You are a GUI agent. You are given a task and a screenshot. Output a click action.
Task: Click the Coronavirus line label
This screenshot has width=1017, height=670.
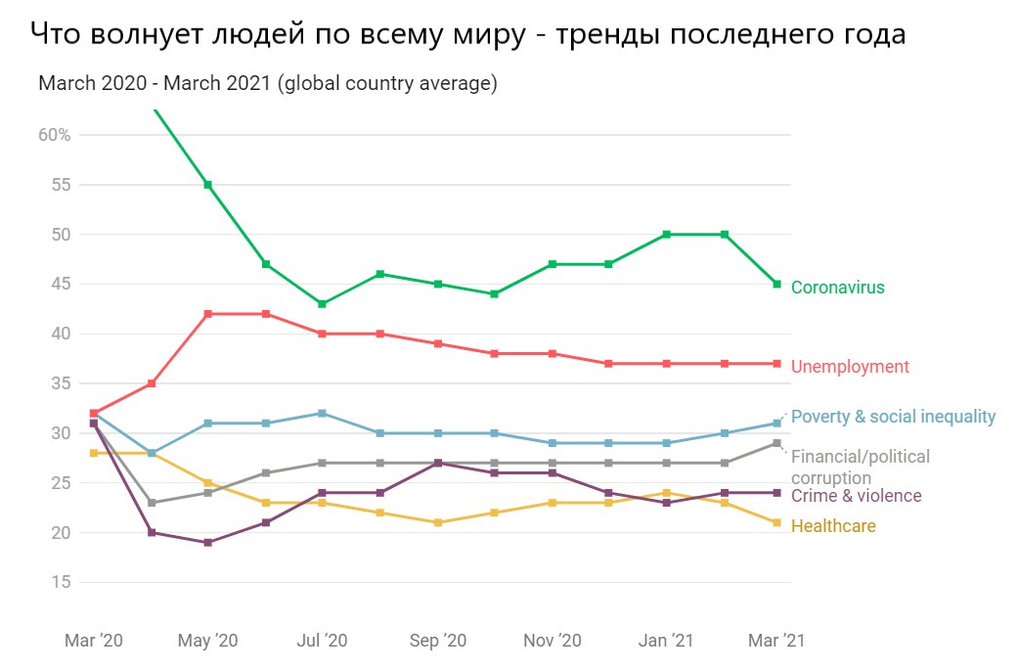837,288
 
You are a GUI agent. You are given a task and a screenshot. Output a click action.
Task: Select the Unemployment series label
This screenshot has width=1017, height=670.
850,367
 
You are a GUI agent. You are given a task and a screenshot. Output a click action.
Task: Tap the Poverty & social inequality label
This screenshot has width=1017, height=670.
893,417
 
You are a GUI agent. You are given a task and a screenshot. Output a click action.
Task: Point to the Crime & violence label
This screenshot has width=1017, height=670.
856,496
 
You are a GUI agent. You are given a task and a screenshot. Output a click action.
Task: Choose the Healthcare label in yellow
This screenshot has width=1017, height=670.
833,526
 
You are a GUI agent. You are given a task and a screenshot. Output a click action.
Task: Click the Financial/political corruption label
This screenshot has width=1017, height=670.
860,467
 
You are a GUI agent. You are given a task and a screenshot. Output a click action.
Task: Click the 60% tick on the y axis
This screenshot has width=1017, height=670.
55,135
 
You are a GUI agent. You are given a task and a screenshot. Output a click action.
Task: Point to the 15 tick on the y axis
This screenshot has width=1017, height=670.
61,582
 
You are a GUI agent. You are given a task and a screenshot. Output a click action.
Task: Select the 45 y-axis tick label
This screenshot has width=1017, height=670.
61,284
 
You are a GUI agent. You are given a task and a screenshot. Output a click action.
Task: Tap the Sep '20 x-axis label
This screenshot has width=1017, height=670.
437,641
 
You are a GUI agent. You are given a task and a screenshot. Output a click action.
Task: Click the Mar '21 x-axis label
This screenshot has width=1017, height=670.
777,641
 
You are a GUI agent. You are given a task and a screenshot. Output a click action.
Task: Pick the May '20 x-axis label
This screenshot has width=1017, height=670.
208,641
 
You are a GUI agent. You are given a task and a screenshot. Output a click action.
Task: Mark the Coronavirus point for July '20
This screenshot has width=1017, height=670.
322,304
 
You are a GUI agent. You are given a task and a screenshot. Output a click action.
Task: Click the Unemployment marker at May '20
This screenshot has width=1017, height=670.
207,314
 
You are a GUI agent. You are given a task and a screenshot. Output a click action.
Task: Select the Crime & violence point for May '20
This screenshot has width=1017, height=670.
207,542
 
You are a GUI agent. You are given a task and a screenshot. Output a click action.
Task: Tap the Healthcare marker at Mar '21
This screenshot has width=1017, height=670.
777,522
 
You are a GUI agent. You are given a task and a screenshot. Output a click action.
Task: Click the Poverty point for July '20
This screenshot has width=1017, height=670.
322,413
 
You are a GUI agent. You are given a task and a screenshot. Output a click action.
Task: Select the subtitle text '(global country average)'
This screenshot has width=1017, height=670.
388,84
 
